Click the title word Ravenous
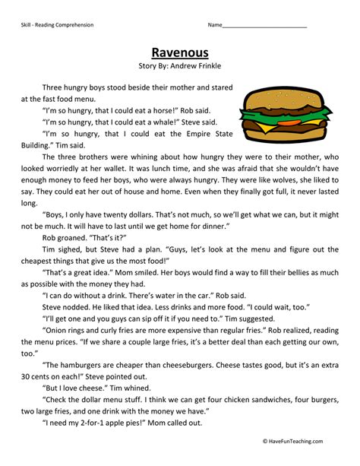point(179,53)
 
